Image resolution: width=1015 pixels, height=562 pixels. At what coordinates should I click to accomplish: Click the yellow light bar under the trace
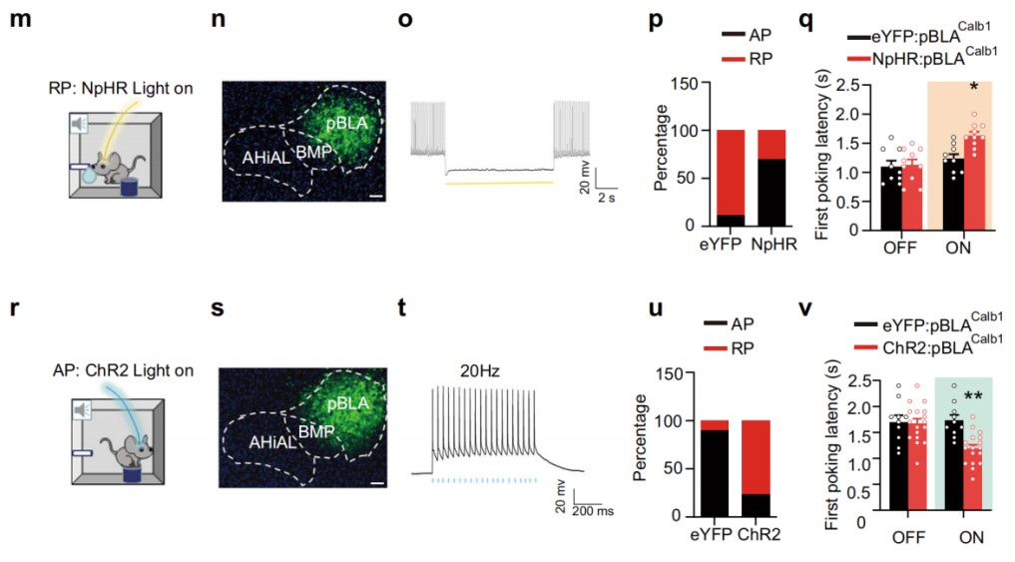pos(499,184)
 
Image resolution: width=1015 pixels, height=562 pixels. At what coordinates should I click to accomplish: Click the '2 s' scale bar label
pos(605,198)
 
